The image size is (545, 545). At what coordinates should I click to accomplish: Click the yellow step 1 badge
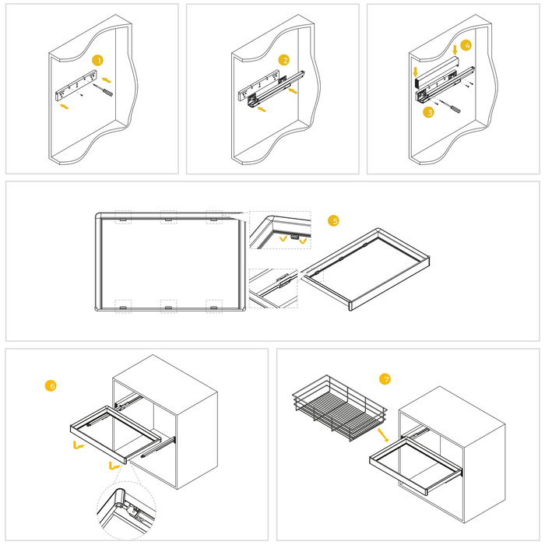pos(97,60)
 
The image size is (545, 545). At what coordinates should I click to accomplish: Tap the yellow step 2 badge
pos(285,60)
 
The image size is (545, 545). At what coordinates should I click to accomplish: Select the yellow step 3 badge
pos(427,112)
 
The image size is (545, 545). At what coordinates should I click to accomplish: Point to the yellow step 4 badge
pos(466,45)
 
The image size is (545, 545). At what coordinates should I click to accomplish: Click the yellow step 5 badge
pos(334,221)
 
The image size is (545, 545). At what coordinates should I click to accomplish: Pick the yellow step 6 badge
pos(51,385)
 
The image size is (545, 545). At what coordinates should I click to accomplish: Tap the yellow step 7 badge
pos(385,379)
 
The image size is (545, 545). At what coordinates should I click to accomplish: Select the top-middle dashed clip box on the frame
pos(168,217)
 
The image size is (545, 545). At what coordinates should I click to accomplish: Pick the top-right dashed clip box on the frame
pos(214,217)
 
